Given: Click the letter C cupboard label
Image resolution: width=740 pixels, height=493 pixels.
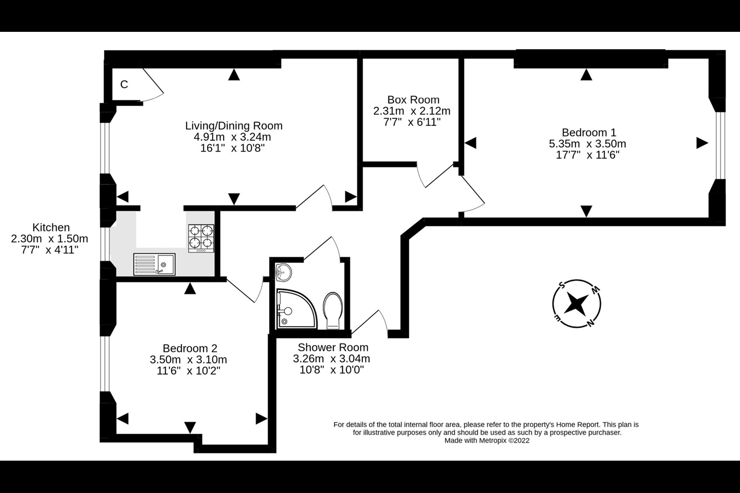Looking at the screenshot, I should click(124, 85).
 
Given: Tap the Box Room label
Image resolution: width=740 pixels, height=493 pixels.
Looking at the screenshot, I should click(413, 100).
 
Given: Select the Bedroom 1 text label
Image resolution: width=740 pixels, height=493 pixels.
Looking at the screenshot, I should click(588, 132).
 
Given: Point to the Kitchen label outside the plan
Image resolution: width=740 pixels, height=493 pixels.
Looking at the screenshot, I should click(51, 227).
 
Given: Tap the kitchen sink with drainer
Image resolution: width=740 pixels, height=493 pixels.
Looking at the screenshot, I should click(154, 264).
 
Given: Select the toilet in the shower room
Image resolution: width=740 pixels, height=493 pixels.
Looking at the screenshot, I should click(333, 310).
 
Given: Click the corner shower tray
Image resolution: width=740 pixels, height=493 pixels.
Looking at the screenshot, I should click(294, 308).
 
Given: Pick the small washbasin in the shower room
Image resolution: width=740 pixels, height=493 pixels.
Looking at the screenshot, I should click(283, 272).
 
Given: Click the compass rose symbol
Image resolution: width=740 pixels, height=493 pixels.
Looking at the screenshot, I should click(577, 304).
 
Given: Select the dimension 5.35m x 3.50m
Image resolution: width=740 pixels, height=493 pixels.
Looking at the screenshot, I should click(587, 144).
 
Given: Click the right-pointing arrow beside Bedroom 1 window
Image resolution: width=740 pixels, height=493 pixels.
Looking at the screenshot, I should click(702, 143).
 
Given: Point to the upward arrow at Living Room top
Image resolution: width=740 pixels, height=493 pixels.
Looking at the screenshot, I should click(234, 75).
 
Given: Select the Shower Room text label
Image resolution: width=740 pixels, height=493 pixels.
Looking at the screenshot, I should click(333, 348).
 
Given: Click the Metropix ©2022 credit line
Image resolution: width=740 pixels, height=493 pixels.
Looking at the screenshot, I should click(486, 440).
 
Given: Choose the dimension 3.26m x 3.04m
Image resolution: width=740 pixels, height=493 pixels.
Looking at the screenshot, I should click(331, 359).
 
